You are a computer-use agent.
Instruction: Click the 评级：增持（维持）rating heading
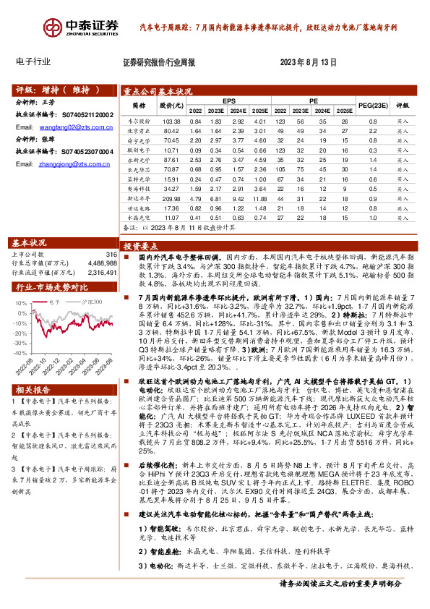pyautogui.click(x=54, y=90)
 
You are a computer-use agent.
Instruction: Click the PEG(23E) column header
pyautogui.click(x=372, y=106)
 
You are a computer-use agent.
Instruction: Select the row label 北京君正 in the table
pyautogui.click(x=138, y=132)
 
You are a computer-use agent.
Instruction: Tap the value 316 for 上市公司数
pyautogui.click(x=111, y=255)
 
